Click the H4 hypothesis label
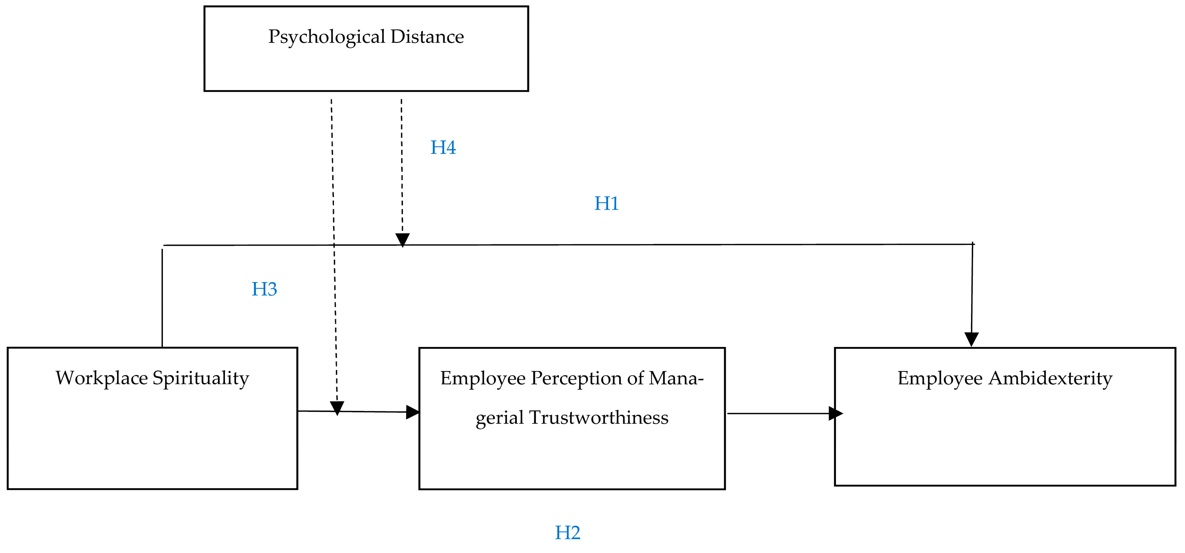[x=442, y=148]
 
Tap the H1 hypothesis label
[x=606, y=203]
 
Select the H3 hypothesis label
[x=264, y=289]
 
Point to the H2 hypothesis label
[x=567, y=533]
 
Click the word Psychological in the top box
[x=327, y=37]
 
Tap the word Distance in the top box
[x=427, y=37]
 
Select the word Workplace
[x=102, y=379]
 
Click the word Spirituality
[x=200, y=379]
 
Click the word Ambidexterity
[x=1050, y=379]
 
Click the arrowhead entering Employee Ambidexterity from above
[x=971, y=340]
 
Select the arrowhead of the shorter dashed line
[x=402, y=240]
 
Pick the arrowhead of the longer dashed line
[x=337, y=408]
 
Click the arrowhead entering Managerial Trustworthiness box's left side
[x=413, y=412]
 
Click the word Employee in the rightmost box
[x=940, y=379]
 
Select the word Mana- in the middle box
[x=676, y=379]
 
